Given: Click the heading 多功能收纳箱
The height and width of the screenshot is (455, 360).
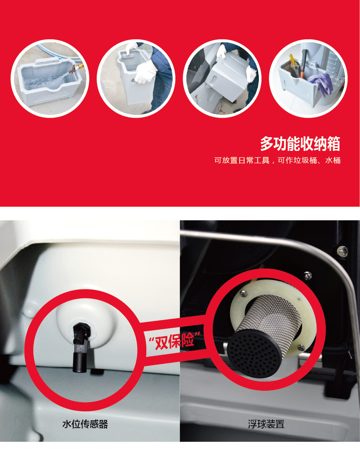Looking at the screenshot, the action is coord(300,144).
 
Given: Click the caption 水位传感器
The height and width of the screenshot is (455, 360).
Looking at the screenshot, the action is coord(85,424).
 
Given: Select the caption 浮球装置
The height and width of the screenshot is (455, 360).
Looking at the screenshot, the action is coord(266,424).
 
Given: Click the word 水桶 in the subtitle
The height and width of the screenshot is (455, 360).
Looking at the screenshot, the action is coord(333,160).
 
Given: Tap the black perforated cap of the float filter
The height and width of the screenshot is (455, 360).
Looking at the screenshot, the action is coord(255,353).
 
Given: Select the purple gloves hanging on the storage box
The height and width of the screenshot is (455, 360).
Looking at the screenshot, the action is coord(321,83).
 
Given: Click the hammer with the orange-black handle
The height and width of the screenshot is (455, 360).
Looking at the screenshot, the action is coord(303,63).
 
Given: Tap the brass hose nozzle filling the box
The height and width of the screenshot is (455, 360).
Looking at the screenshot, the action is coord(76,68).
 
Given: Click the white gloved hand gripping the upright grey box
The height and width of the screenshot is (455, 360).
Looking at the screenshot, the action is coord(145,72).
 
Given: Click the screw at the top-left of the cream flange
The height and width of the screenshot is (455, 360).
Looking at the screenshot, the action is coord(243,294).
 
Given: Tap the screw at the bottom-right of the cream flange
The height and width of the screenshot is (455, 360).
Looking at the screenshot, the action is coord(301,347).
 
